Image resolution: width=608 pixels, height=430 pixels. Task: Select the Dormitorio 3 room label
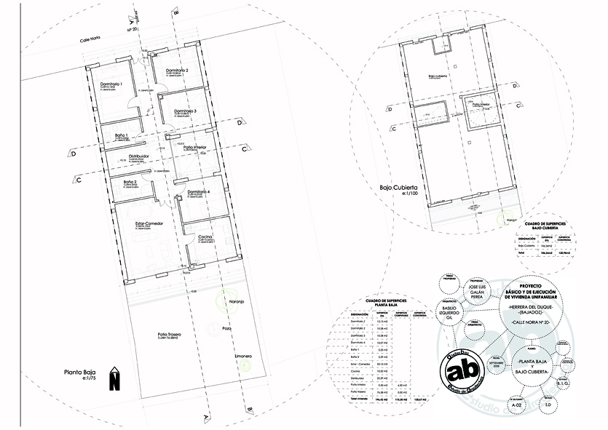click(x=186, y=110)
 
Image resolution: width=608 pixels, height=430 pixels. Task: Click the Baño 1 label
click(x=122, y=135)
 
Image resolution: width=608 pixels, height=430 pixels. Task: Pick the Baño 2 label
click(x=130, y=181)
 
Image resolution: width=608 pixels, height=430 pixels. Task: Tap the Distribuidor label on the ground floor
click(x=139, y=156)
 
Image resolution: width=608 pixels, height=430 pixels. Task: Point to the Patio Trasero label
click(x=168, y=334)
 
